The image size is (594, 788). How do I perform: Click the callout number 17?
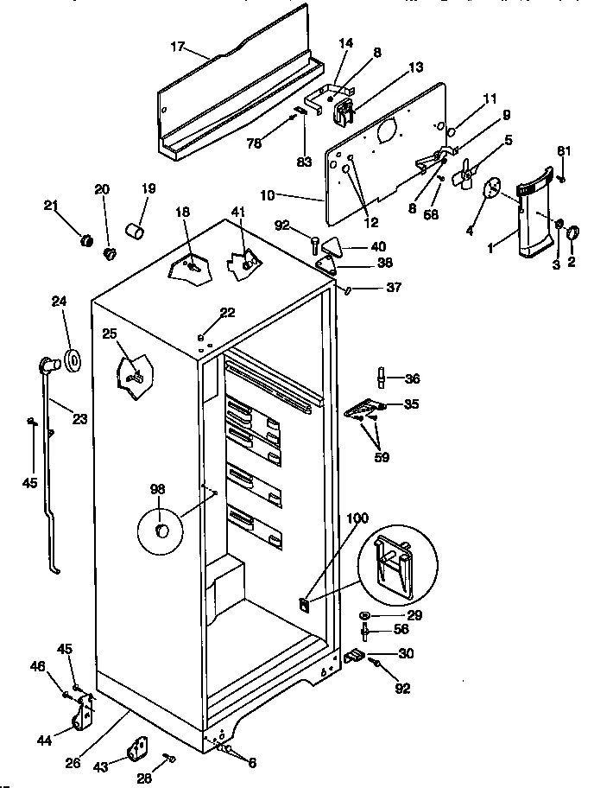coord(177,48)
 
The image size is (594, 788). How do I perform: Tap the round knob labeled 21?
coord(85,239)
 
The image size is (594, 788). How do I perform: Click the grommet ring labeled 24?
coord(70,358)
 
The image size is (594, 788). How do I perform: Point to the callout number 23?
coord(79,420)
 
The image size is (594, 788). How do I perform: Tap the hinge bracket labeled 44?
coord(85,716)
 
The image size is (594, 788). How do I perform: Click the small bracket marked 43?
coord(137,749)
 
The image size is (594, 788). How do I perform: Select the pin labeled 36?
coord(381,378)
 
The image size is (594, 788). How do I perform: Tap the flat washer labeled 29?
coord(366,614)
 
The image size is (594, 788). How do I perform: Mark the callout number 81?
coord(564,152)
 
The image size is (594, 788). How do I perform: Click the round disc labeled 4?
coord(492,189)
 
